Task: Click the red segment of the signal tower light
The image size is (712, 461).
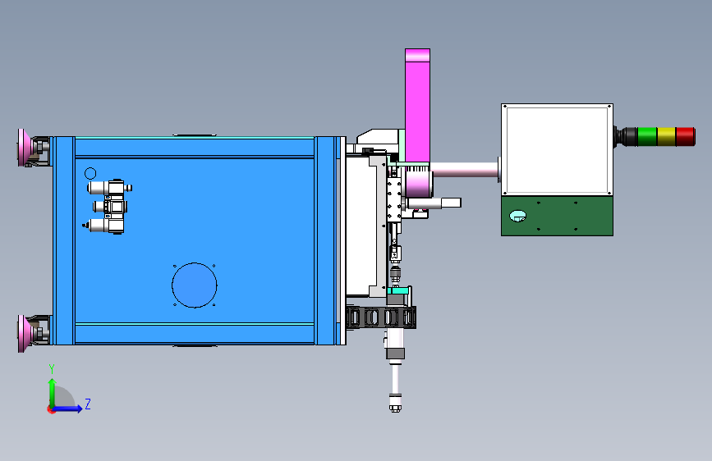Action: pyautogui.click(x=685, y=136)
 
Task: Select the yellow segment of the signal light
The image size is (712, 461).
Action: pyautogui.click(x=666, y=136)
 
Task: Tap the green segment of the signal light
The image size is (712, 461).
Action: pyautogui.click(x=647, y=136)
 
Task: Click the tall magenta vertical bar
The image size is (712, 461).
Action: pyautogui.click(x=417, y=105)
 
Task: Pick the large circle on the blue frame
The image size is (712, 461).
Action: pyautogui.click(x=195, y=285)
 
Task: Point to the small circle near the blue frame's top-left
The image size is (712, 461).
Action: pyautogui.click(x=90, y=173)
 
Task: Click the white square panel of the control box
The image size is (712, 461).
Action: pyautogui.click(x=557, y=150)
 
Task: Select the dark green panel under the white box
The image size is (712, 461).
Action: pyautogui.click(x=557, y=216)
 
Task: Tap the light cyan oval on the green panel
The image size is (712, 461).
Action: pyautogui.click(x=517, y=216)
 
